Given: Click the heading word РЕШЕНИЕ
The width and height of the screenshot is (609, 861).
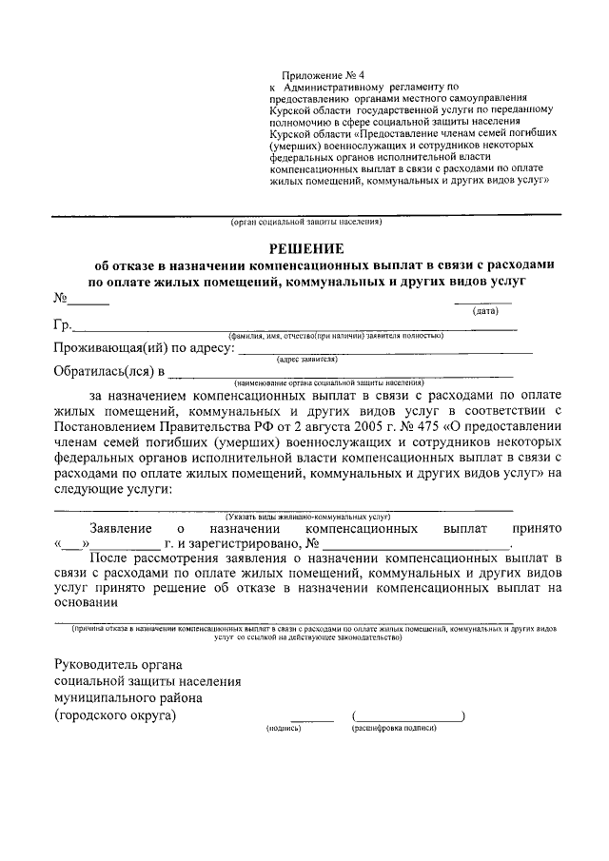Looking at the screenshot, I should tap(305, 246).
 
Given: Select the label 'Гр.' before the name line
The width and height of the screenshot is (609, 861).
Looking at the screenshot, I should tap(64, 326).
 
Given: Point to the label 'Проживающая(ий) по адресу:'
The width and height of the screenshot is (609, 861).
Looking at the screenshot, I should tap(144, 348).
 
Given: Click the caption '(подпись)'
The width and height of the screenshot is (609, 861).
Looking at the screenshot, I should tap(284, 728).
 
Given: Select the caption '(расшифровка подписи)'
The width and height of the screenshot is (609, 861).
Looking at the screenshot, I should tap(394, 728).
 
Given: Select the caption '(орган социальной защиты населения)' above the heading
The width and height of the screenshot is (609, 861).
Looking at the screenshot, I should tap(305, 223).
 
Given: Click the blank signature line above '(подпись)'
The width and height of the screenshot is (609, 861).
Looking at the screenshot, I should tap(312, 720).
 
